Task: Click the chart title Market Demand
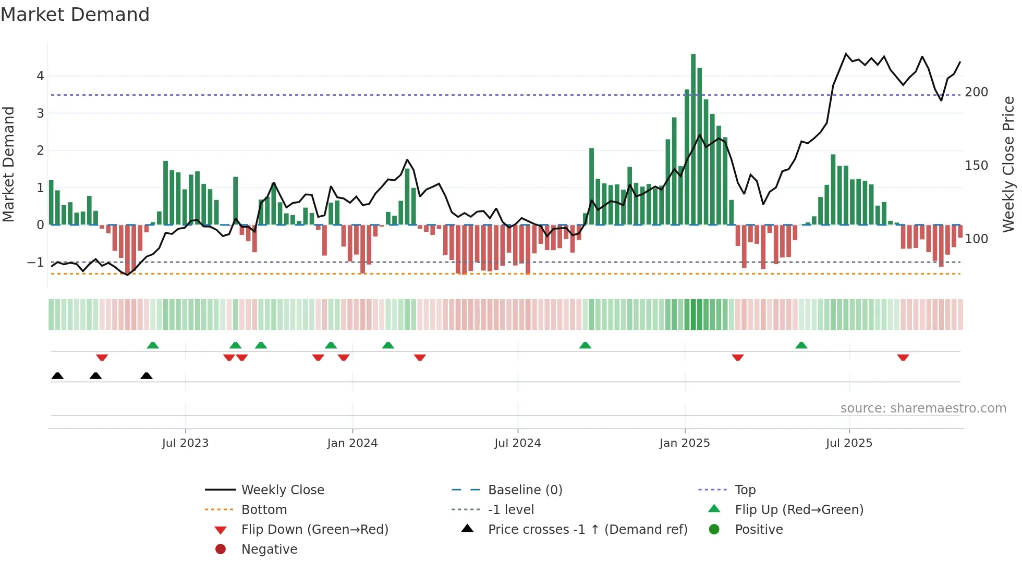(x=75, y=15)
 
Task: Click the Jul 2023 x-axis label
(x=185, y=443)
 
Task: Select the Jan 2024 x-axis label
(x=352, y=443)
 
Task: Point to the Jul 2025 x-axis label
(x=849, y=443)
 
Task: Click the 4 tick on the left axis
(x=40, y=76)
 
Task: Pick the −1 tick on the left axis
(x=36, y=263)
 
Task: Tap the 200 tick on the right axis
(x=976, y=92)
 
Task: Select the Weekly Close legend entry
(x=283, y=490)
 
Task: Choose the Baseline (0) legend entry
(x=525, y=490)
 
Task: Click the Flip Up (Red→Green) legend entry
(x=799, y=510)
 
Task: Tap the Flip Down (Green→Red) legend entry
(x=314, y=530)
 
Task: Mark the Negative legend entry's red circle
(x=221, y=550)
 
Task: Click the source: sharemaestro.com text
(x=923, y=408)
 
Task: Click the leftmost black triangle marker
(x=57, y=376)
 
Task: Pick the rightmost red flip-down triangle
(x=903, y=357)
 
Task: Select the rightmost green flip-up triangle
(x=801, y=345)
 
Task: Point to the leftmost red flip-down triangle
(x=102, y=357)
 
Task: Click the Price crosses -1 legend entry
(x=587, y=530)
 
